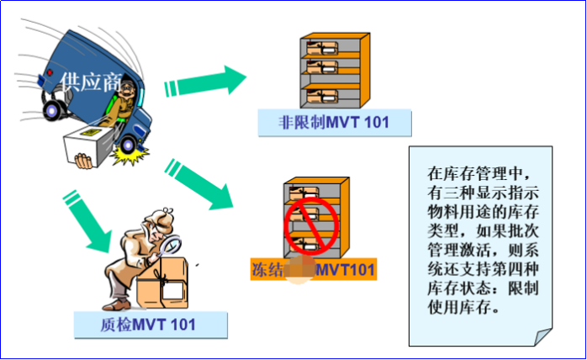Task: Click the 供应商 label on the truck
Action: coord(91,81)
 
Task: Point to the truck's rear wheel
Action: coord(54,108)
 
